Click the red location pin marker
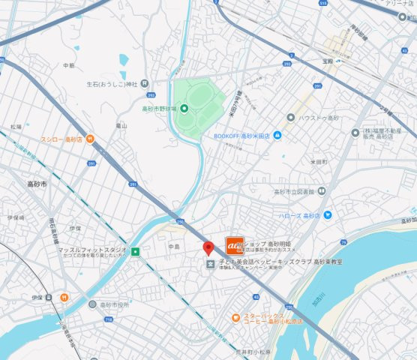click(x=208, y=249)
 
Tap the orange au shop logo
click(x=234, y=245)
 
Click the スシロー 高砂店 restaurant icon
click(x=89, y=139)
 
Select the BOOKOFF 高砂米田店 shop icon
click(x=277, y=135)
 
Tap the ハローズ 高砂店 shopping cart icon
click(x=327, y=215)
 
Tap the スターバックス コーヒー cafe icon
click(x=235, y=317)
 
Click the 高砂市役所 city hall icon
click(x=92, y=304)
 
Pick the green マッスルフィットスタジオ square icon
click(x=135, y=252)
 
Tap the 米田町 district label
click(x=319, y=161)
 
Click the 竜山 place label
click(x=120, y=126)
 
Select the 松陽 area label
click(x=16, y=127)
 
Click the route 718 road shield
click(x=109, y=320)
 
